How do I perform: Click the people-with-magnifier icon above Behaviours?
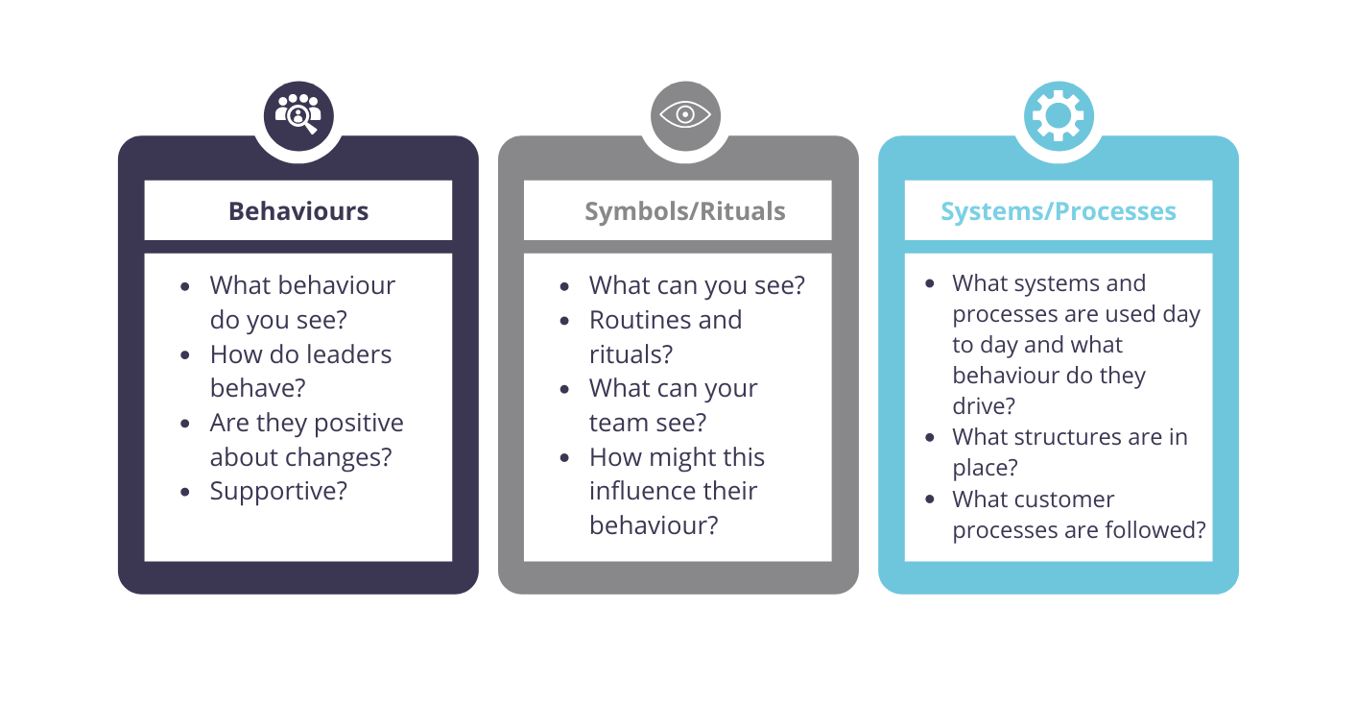coord(298,115)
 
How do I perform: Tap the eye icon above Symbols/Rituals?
coord(685,115)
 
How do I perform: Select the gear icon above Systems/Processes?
coord(1059,115)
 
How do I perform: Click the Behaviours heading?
coord(298,211)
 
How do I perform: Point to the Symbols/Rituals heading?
coord(684,211)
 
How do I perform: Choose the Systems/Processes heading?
coord(1059,211)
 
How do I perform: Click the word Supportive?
coord(278,491)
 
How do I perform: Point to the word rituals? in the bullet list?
coord(631,354)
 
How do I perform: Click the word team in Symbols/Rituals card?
coord(618,423)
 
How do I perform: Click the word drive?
coord(984,405)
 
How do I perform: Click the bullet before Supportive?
coord(185,492)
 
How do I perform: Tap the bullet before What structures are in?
coord(930,437)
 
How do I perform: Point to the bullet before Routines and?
coord(564,321)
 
